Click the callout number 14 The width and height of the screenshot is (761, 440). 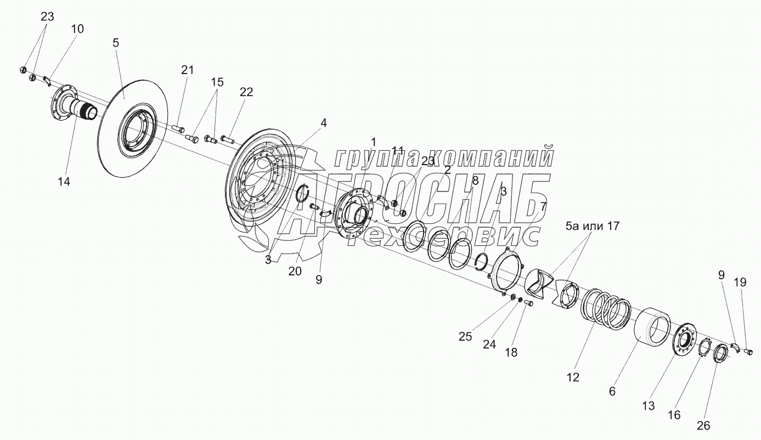pos(65,182)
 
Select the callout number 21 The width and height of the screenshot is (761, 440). pos(188,70)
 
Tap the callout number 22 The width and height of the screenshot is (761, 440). pos(246,92)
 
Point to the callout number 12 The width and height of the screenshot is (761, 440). pos(573,377)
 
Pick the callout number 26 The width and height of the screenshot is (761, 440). pos(703,425)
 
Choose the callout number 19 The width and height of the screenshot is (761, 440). pos(740,283)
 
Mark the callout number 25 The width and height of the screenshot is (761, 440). pos(465,337)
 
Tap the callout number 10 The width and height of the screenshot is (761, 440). pos(77,29)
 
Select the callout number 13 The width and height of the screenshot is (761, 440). pos(649,406)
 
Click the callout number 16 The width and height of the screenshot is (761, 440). pos(674,415)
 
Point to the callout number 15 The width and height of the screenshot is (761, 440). pos(217,82)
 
